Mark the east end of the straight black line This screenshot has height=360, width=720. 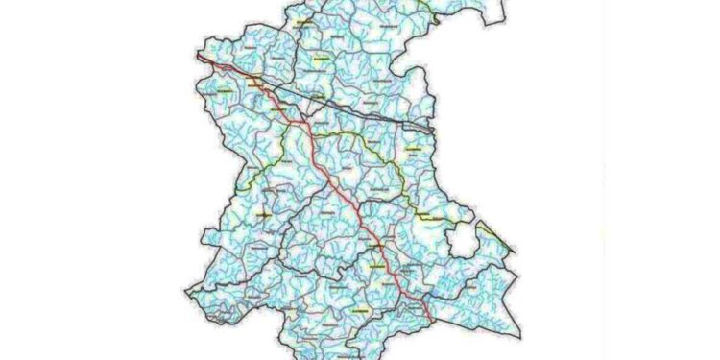(x=434, y=130)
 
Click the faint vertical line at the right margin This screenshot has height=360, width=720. (x=604, y=173)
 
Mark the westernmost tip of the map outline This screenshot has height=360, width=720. (x=184, y=288)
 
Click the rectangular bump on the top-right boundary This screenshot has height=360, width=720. (x=489, y=12)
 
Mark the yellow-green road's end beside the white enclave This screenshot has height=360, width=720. (x=447, y=222)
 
